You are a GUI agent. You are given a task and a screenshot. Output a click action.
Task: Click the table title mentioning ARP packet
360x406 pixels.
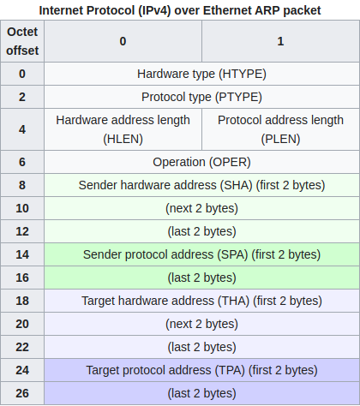pyautogui.click(x=180, y=10)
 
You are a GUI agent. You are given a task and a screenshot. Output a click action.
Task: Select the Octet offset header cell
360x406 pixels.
pyautogui.click(x=22, y=41)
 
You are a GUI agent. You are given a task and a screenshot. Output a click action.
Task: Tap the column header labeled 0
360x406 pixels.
pyautogui.click(x=123, y=41)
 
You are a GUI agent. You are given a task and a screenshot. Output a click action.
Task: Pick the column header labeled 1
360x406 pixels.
pyautogui.click(x=280, y=41)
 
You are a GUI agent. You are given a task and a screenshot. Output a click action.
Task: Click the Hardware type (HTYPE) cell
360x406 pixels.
pyautogui.click(x=201, y=74)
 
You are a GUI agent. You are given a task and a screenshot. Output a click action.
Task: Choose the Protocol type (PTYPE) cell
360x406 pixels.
pyautogui.click(x=201, y=97)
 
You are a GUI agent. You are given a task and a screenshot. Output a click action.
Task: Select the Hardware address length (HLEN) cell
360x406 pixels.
pyautogui.click(x=123, y=129)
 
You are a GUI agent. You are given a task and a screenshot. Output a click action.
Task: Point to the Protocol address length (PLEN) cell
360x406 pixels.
pyautogui.click(x=280, y=129)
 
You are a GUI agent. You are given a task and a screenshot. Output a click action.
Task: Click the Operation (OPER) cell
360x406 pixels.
pyautogui.click(x=201, y=162)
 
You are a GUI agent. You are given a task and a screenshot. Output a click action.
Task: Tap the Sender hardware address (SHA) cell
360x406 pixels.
pyautogui.click(x=201, y=185)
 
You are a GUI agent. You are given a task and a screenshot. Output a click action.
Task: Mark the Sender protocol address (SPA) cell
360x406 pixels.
pyautogui.click(x=201, y=254)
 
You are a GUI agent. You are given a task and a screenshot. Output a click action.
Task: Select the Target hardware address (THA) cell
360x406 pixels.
pyautogui.click(x=201, y=301)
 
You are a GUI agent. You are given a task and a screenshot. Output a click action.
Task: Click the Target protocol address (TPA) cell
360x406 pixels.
pyautogui.click(x=201, y=370)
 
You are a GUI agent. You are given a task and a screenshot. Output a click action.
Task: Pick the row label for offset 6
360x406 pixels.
pyautogui.click(x=22, y=162)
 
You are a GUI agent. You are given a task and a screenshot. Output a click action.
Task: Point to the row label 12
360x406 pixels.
pyautogui.click(x=22, y=231)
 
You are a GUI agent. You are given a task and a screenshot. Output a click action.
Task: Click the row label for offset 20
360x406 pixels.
pyautogui.click(x=22, y=324)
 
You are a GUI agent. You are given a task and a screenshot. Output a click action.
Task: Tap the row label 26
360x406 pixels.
pyautogui.click(x=22, y=393)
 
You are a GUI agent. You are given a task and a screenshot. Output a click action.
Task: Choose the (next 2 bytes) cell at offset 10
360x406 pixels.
pyautogui.click(x=201, y=208)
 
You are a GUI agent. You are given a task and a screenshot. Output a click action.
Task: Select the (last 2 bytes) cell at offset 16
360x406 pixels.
pyautogui.click(x=201, y=278)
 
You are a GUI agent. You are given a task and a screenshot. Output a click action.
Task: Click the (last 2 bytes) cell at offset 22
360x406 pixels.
pyautogui.click(x=201, y=347)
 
